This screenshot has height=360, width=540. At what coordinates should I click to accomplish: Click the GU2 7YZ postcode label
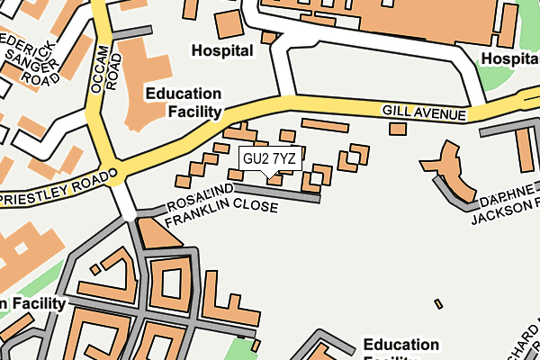[269, 158]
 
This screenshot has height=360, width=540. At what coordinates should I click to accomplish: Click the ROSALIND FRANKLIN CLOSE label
[220, 199]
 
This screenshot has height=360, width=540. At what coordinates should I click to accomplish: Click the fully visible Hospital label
[222, 51]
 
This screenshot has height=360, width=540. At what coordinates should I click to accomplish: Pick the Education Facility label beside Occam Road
[184, 102]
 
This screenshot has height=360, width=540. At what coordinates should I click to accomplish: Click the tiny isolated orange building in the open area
[438, 304]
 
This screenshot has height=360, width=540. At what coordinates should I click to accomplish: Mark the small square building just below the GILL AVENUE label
[397, 129]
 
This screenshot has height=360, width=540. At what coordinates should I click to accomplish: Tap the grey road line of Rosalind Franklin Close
[288, 194]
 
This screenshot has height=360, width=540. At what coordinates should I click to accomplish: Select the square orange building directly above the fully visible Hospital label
[229, 23]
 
